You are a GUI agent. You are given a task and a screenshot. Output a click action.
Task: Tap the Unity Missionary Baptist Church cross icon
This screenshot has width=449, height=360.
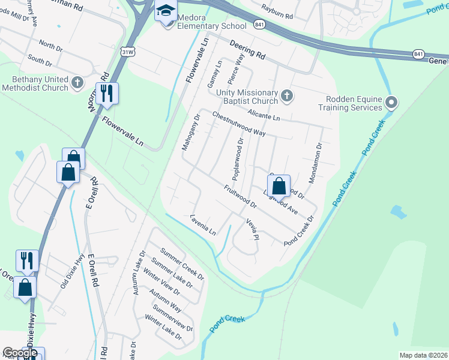(288, 95)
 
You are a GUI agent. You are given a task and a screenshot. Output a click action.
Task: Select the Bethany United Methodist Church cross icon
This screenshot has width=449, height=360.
(77, 82)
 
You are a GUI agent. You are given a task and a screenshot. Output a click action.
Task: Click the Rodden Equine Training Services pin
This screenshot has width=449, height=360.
(391, 103)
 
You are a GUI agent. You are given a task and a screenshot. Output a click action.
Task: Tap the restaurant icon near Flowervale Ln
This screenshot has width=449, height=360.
(107, 94)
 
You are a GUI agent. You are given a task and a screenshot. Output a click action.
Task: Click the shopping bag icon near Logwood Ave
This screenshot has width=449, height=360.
(279, 186)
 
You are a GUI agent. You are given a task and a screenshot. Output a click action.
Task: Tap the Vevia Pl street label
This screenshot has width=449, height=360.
(252, 228)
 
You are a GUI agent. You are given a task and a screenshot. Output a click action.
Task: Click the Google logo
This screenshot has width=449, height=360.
(20, 353)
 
